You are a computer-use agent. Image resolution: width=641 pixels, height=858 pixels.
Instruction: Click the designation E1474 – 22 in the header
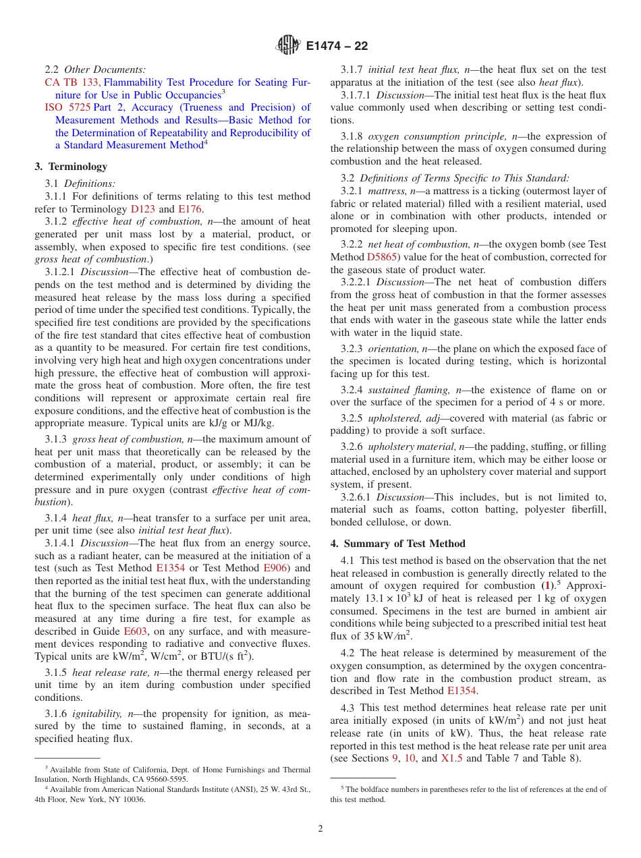tap(337, 46)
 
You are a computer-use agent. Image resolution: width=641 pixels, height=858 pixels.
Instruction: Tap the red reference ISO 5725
tap(67, 107)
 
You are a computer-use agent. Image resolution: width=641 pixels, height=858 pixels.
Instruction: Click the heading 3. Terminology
tap(71, 167)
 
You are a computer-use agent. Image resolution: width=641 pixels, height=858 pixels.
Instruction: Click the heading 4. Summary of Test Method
tap(397, 544)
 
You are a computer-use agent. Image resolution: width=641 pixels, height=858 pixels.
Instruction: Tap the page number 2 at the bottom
tap(320, 828)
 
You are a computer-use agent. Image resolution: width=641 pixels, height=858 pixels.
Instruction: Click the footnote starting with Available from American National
tap(172, 795)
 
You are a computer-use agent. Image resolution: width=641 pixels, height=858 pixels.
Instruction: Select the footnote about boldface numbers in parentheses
tap(468, 794)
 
